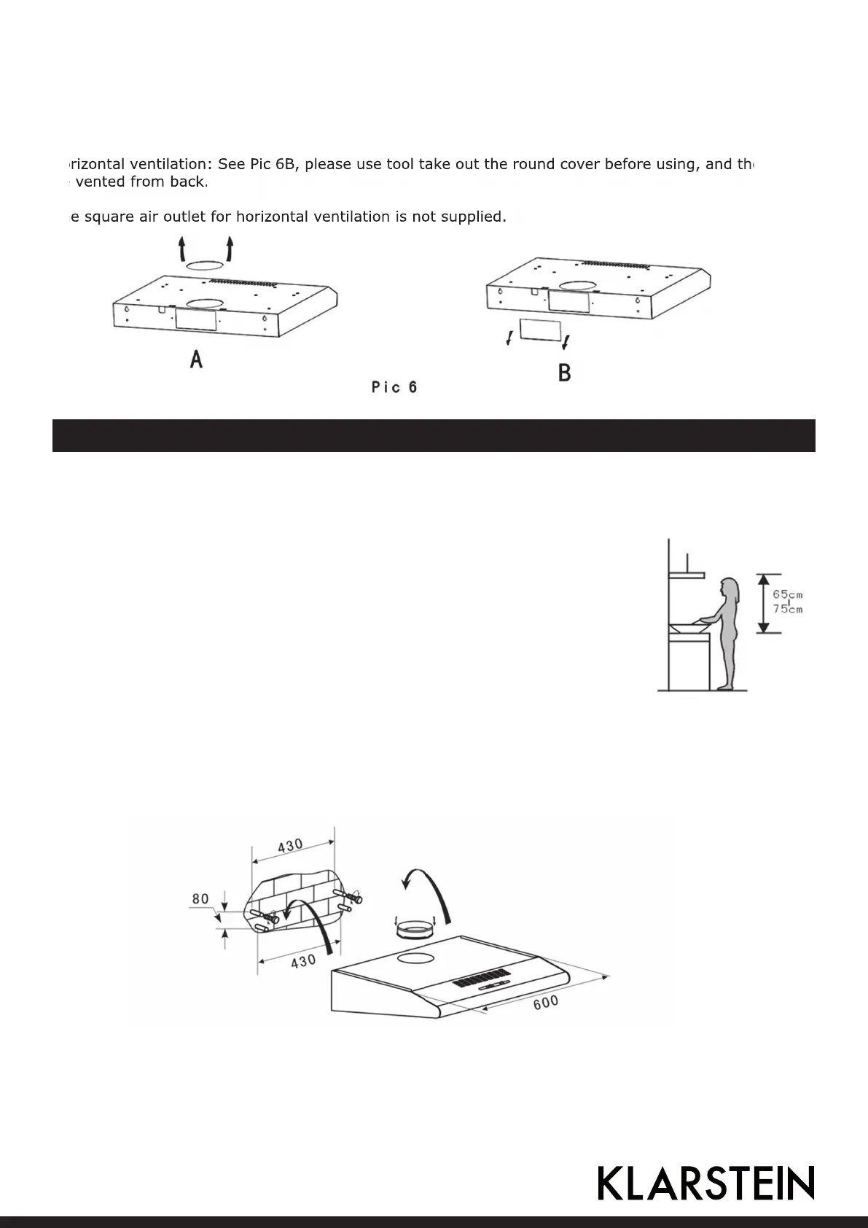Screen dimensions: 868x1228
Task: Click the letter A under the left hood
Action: [x=196, y=359]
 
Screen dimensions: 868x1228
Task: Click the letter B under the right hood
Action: [x=564, y=373]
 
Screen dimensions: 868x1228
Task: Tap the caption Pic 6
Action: [x=394, y=387]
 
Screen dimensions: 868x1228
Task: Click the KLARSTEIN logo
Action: [x=705, y=1183]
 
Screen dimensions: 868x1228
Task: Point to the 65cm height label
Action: [x=787, y=595]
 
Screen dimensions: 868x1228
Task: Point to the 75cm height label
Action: [x=787, y=609]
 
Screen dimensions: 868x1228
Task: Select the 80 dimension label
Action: [x=200, y=899]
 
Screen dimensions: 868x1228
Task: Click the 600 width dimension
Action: [x=545, y=1003]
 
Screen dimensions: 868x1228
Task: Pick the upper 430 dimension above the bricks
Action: [x=290, y=847]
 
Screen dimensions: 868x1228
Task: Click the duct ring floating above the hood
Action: [x=414, y=929]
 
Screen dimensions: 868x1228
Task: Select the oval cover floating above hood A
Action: [x=206, y=268]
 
